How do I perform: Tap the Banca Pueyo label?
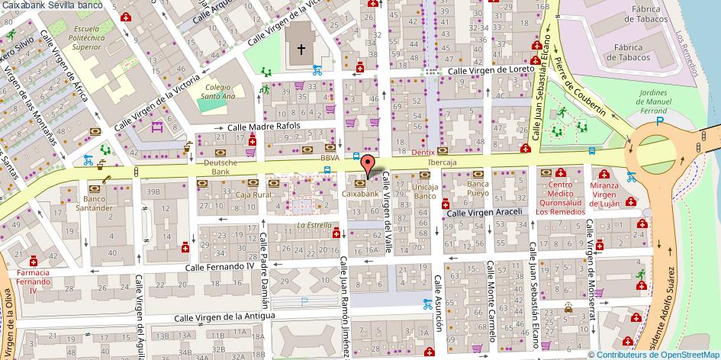tap(478, 189)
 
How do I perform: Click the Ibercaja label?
tap(442, 162)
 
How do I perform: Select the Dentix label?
tap(423, 153)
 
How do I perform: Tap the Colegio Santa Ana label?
tap(217, 92)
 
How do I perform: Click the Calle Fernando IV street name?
tap(220, 267)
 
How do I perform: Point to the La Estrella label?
tap(314, 225)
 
